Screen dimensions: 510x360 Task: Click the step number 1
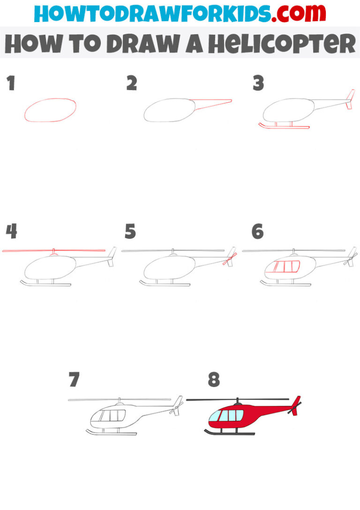click(11, 84)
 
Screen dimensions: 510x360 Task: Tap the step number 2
click(131, 84)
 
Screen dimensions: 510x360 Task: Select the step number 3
click(258, 84)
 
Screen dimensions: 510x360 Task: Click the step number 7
click(74, 380)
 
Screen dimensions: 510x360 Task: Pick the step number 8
click(214, 380)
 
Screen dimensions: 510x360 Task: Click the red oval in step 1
click(50, 110)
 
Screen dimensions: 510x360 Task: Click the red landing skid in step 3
click(284, 126)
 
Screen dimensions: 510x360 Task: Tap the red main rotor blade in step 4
click(54, 251)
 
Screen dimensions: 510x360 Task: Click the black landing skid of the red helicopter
click(230, 433)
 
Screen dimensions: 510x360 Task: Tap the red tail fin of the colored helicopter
click(295, 402)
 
